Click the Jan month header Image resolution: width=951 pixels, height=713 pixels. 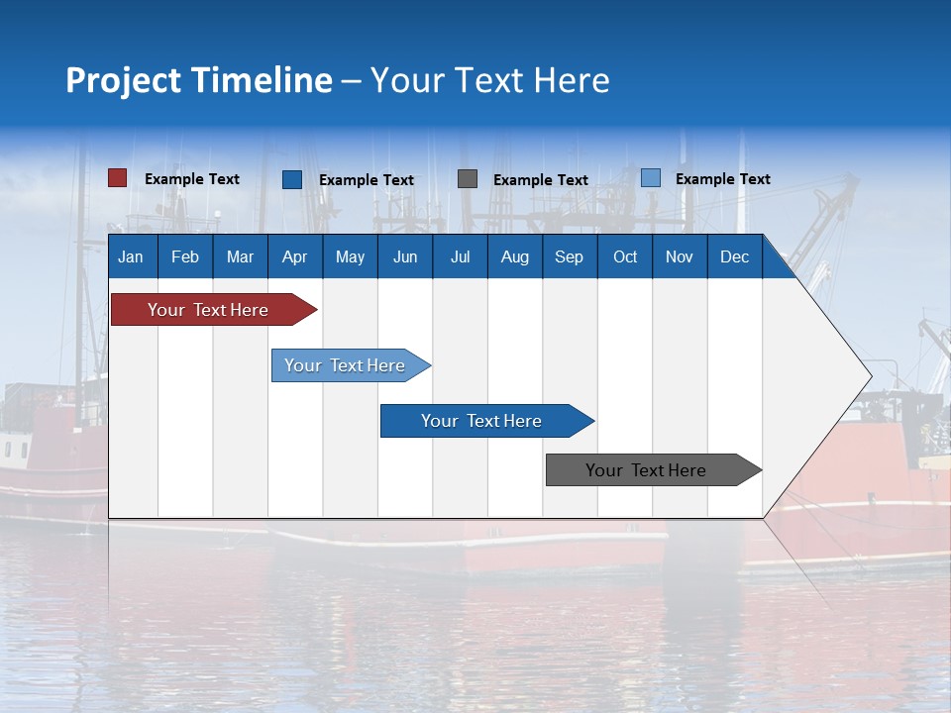[x=131, y=256]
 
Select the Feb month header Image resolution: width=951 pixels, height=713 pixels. [x=185, y=256]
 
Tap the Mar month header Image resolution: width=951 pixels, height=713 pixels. [x=240, y=256]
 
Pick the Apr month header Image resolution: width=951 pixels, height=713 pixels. [x=294, y=256]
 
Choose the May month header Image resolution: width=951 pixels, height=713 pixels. [x=350, y=256]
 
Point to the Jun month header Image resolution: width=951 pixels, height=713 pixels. [x=405, y=256]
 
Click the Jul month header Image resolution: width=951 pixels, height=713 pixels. [x=460, y=256]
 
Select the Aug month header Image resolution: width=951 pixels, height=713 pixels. [x=514, y=256]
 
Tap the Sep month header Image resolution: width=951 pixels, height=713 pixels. [x=569, y=256]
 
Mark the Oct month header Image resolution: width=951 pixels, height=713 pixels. [x=625, y=256]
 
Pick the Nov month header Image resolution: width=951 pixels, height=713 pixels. [x=680, y=256]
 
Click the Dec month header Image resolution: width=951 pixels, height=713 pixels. [x=734, y=256]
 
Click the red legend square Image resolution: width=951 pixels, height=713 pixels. [x=118, y=178]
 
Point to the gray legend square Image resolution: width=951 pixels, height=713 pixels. [x=468, y=179]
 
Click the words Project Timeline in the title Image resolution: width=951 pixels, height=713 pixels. [x=199, y=80]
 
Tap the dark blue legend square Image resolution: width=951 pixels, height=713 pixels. [x=292, y=179]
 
